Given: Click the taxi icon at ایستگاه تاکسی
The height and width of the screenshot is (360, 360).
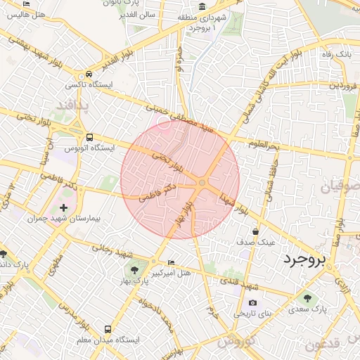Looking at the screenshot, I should coord(89,74).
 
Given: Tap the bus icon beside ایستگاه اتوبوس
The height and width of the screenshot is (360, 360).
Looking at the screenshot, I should coord(89,138).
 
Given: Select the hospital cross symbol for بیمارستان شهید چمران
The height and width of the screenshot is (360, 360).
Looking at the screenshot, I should coord(64,207).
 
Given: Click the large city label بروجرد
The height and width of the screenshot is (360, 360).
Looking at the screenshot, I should coord(306,259).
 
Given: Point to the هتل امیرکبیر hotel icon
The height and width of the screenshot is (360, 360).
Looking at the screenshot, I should coord(172,263).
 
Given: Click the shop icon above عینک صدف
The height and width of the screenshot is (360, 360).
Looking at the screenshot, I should coord(255,231).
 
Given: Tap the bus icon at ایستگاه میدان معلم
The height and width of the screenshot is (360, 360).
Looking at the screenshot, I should coord(108,329).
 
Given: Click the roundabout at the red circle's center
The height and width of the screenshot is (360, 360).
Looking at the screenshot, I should coord(202,183).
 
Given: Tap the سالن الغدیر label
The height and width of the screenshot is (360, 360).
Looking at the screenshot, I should coord(136,13).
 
